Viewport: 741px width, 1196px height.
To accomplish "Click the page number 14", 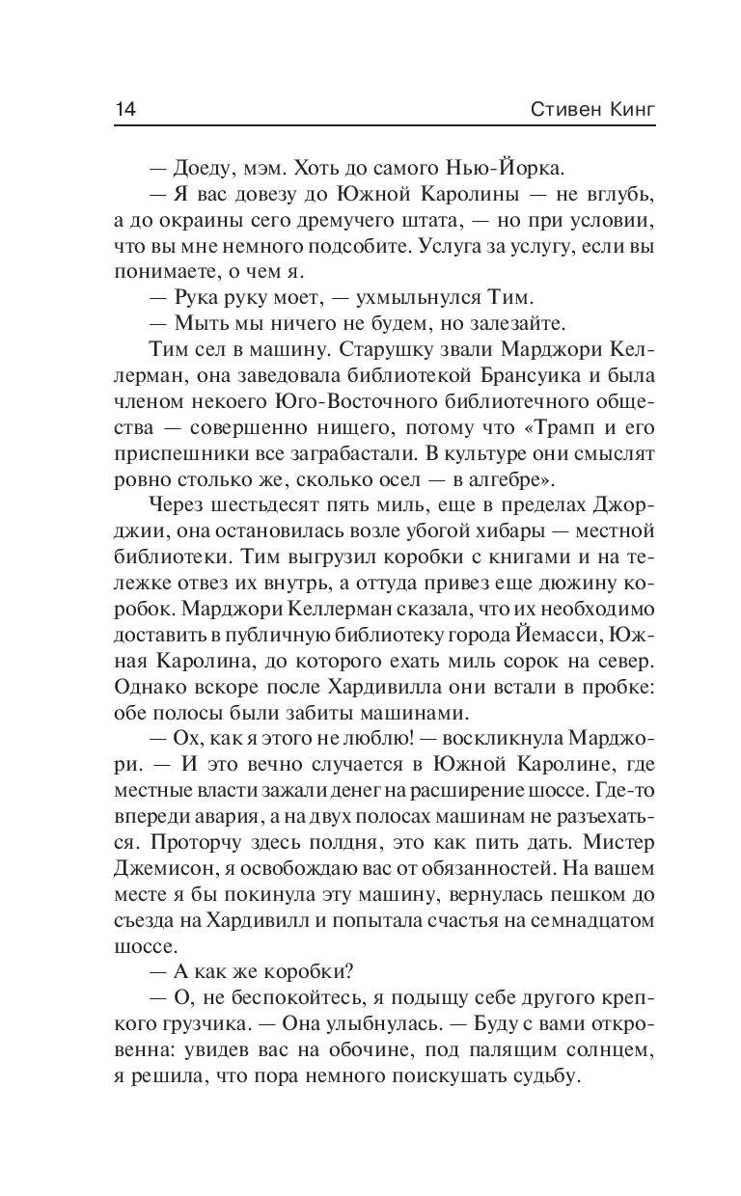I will point(125,107).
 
